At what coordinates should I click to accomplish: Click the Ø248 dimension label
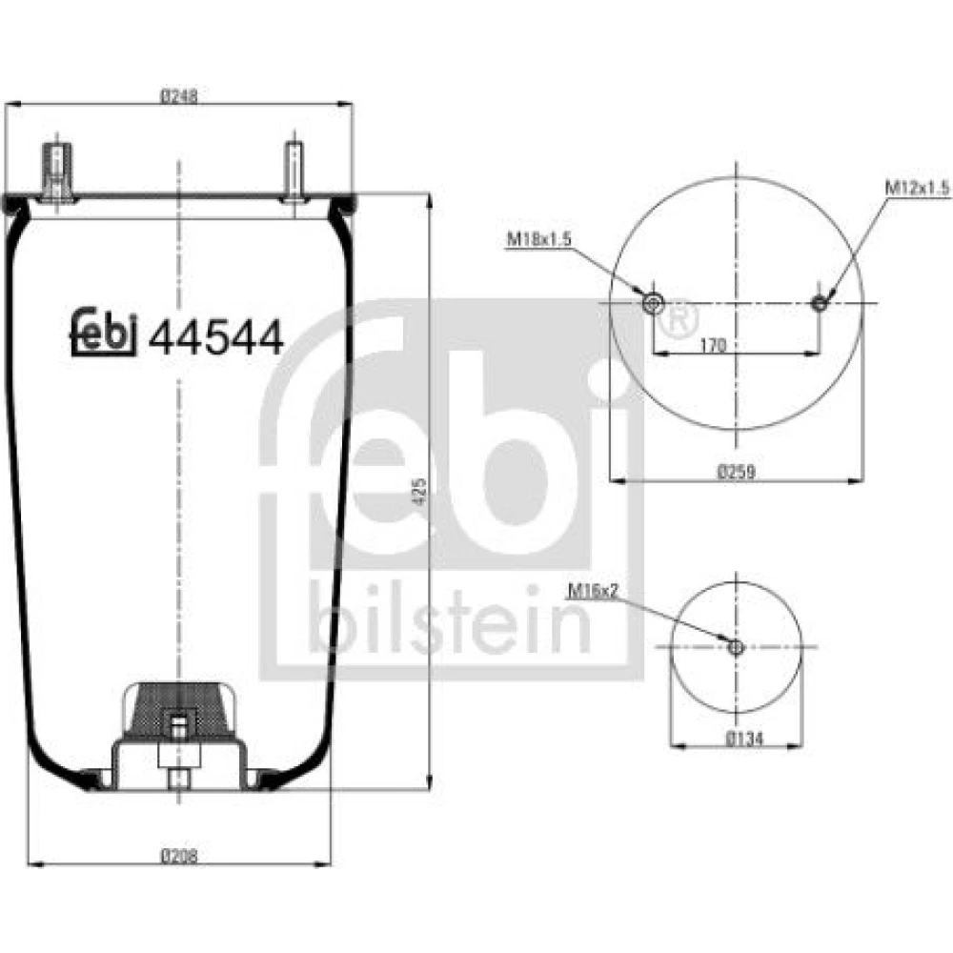tap(179, 96)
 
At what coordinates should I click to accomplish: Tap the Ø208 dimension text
tap(179, 856)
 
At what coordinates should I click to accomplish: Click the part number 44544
tap(215, 338)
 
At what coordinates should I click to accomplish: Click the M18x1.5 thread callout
tap(539, 239)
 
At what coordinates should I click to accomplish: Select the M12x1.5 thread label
tap(917, 189)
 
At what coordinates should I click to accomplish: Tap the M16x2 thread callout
tap(593, 590)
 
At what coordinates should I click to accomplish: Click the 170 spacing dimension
tap(713, 345)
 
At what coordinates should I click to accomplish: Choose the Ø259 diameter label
tap(736, 471)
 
